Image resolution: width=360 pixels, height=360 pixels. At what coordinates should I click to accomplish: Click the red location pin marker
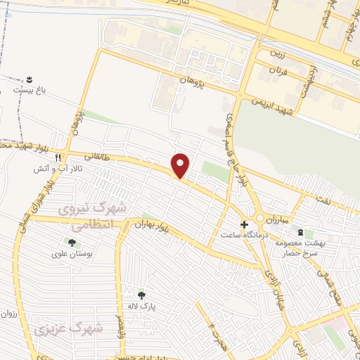181,165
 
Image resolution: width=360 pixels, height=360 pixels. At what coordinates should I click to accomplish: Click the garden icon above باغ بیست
30,79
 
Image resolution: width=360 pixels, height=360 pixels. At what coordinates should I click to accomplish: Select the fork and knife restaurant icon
59,157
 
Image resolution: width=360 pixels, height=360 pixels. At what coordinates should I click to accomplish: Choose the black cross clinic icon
244,225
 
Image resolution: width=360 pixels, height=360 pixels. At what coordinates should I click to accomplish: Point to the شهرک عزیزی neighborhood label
67,328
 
